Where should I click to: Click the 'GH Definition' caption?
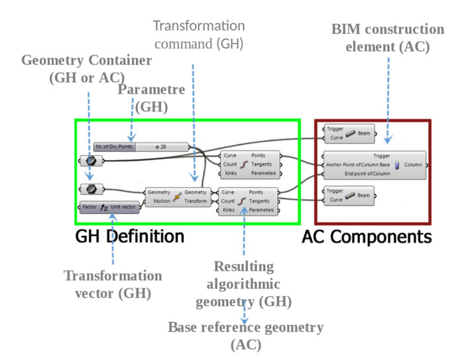click(129, 237)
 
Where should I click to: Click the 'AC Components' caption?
click(367, 237)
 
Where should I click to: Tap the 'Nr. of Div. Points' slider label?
click(114, 147)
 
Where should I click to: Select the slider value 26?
click(162, 147)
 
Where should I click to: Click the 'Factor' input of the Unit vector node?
click(89, 207)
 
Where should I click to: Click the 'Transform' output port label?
click(196, 201)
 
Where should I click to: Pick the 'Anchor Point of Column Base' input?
click(357, 165)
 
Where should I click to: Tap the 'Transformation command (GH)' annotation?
click(199, 35)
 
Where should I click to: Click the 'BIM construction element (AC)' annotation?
click(388, 38)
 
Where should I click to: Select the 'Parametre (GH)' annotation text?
click(152, 97)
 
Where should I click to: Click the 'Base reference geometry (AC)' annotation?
click(246, 336)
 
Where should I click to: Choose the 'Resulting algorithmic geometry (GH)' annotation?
click(243, 284)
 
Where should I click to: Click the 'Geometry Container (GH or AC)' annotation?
click(87, 68)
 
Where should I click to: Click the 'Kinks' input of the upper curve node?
click(230, 173)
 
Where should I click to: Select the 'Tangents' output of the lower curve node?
click(259, 201)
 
